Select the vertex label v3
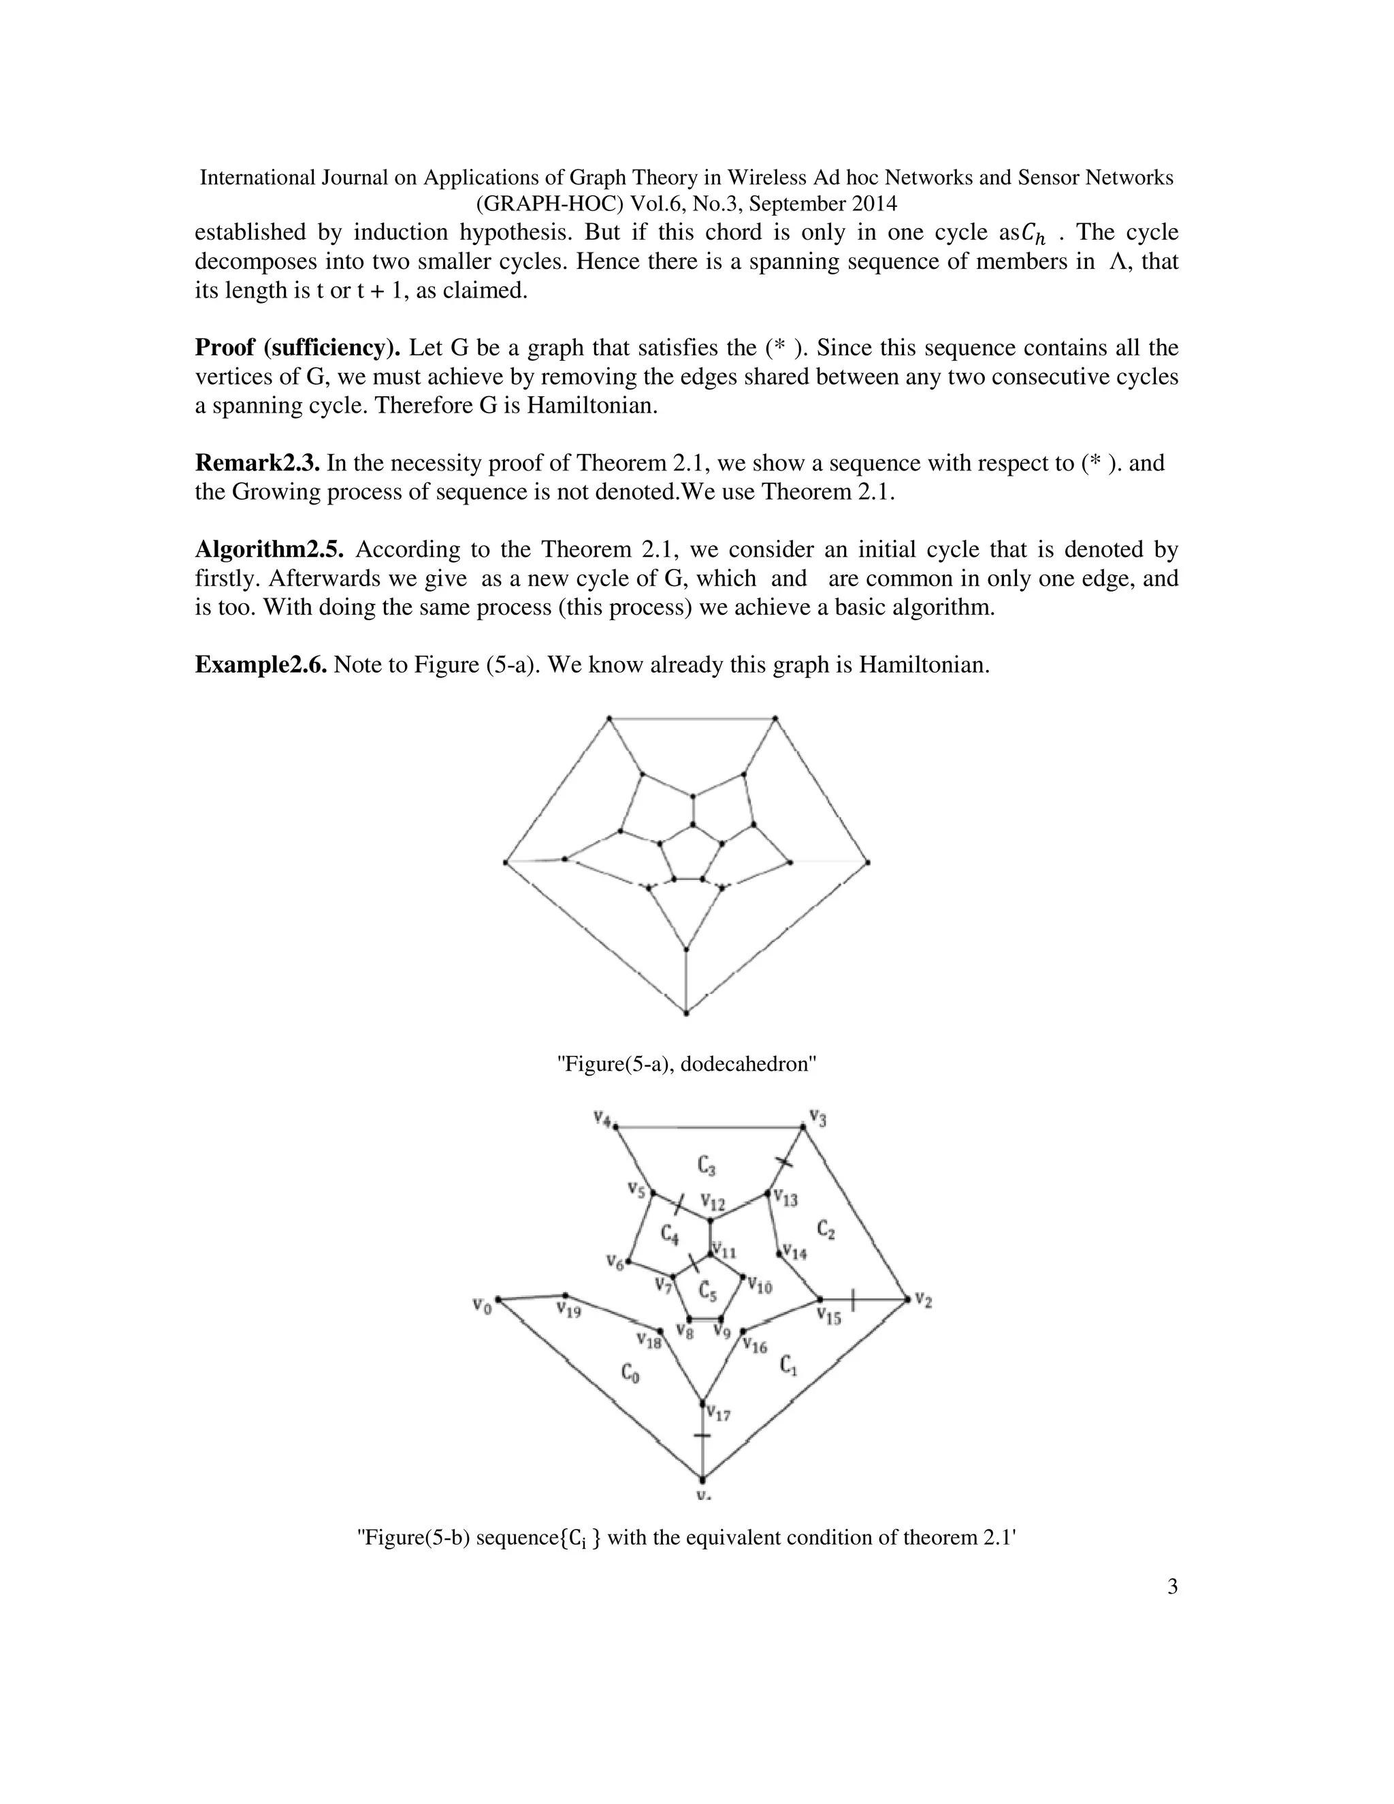click(x=817, y=1118)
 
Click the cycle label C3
click(x=705, y=1165)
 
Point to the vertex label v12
click(x=712, y=1202)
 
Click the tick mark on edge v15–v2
click(x=852, y=1300)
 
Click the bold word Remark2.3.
click(x=257, y=464)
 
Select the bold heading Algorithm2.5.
click(x=268, y=550)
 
